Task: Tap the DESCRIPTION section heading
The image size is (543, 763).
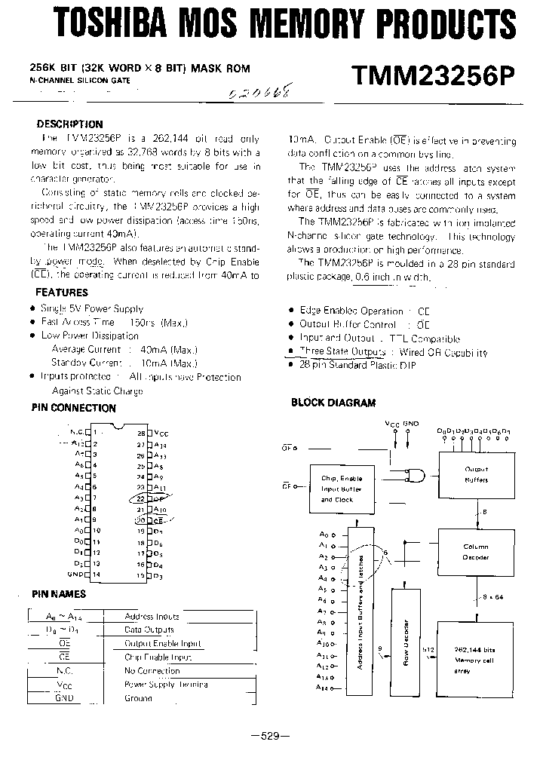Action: point(70,124)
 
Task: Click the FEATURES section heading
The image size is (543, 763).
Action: point(62,292)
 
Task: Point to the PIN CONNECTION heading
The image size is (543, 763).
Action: point(73,408)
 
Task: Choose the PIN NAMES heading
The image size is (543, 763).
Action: point(59,594)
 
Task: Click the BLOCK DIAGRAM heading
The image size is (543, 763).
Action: point(333,403)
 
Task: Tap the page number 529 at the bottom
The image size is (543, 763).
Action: point(271,736)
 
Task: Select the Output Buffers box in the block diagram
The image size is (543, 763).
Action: point(476,475)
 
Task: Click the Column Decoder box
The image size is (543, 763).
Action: point(476,552)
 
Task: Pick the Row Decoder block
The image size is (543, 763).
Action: point(406,642)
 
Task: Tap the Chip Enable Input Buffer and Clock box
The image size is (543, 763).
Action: point(342,489)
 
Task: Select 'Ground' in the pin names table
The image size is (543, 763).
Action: point(140,698)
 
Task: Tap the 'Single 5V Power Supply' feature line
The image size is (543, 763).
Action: point(92,308)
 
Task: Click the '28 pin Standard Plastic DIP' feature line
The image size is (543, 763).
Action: point(357,366)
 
